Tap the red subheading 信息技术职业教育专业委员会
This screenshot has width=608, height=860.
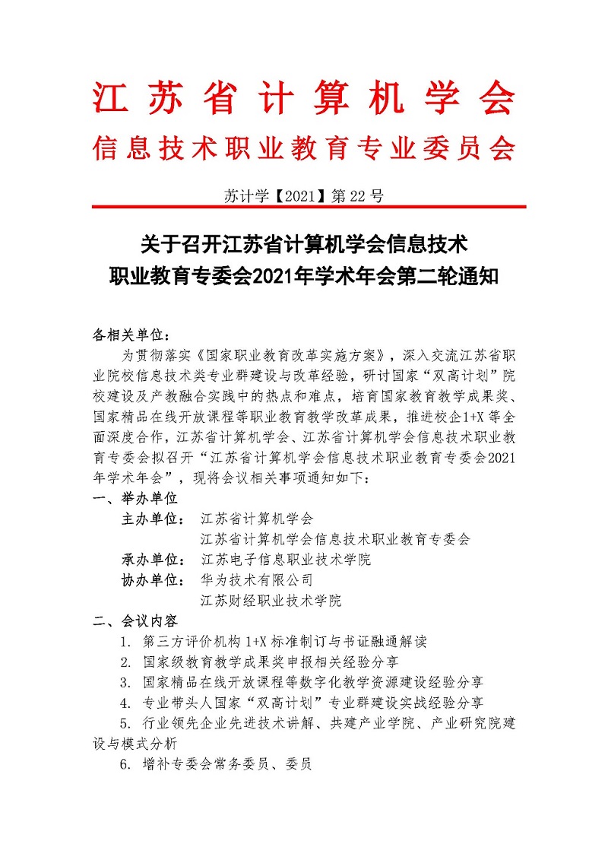304,148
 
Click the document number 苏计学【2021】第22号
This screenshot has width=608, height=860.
304,195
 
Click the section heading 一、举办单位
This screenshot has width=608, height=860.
135,498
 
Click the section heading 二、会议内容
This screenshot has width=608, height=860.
135,620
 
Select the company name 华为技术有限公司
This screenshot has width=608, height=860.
256,579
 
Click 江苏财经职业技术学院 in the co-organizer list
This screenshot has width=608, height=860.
271,600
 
